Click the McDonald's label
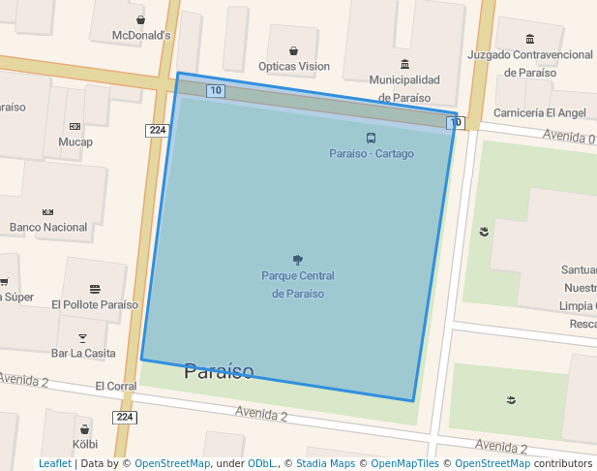[x=141, y=36]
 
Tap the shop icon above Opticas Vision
[x=293, y=50]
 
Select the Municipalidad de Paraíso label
[x=403, y=88]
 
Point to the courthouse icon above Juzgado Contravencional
[x=529, y=39]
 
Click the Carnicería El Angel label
[x=540, y=112]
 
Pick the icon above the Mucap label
[x=75, y=126]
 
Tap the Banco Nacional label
[x=48, y=228]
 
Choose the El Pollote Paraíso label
[x=95, y=304]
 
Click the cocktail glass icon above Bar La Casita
[x=82, y=337]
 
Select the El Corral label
[x=116, y=386]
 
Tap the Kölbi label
[x=86, y=444]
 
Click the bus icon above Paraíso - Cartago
[x=372, y=139]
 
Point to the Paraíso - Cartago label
[x=372, y=154]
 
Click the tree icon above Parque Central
[x=297, y=260]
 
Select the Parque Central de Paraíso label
[x=298, y=285]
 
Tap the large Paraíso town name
[x=219, y=371]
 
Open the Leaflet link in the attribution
[x=55, y=464]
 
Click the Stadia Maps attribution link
[x=325, y=464]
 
